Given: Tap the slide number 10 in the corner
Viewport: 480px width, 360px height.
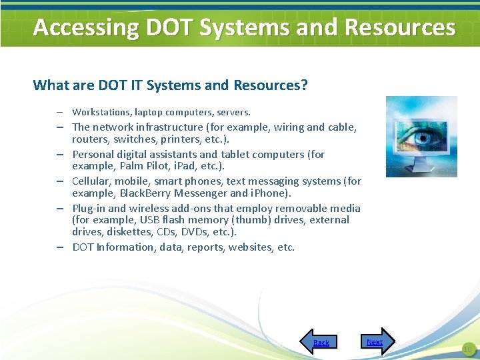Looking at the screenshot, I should (467, 349).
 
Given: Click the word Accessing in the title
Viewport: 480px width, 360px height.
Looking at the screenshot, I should (85, 27).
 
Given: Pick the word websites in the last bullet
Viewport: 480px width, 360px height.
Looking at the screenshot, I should (251, 247).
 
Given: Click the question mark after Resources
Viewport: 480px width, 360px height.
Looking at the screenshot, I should (304, 85).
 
